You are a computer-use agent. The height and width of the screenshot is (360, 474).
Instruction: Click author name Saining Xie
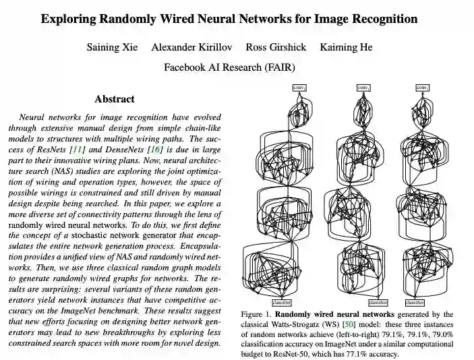111,47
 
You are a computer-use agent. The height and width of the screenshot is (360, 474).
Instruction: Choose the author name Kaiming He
345,47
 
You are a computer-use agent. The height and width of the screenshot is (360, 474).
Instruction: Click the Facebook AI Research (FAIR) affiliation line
229,67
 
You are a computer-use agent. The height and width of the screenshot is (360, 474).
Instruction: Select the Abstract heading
114,99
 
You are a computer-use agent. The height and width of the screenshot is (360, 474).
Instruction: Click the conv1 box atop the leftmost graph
299,87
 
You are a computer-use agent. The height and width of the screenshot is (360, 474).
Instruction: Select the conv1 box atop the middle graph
362,87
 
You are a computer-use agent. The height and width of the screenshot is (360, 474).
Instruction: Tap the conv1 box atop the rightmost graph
422,87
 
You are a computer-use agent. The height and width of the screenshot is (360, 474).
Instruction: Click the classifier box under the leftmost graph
282,303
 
